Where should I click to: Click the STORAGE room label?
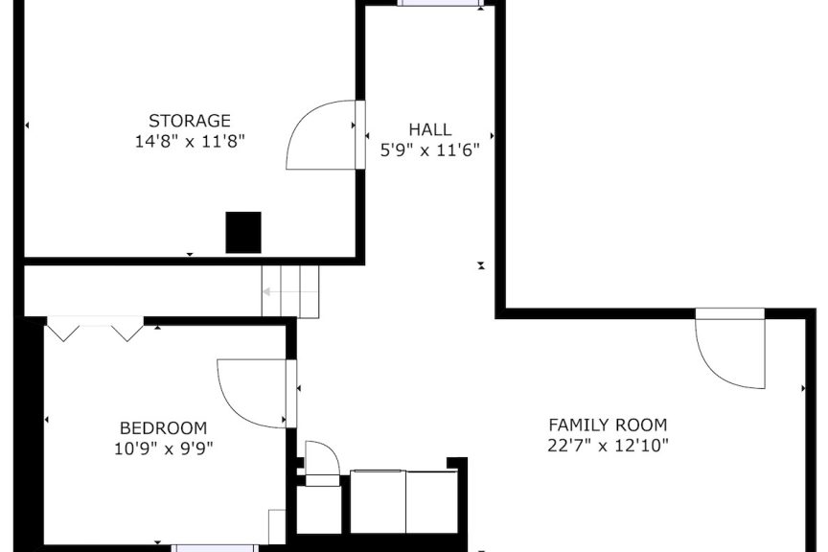190,121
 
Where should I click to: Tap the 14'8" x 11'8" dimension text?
190,142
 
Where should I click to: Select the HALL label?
430,129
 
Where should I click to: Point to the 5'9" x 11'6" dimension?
430,150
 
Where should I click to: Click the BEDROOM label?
164,427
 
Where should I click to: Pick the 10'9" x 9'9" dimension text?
164,448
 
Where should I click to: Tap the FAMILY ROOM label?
608,425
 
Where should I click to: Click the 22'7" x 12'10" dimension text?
608,446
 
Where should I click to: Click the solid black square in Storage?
243,233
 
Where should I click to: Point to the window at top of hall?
439,3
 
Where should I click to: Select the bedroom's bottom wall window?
215,548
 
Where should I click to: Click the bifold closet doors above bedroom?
96,329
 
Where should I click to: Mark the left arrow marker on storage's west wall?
27,126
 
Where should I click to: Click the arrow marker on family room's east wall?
804,388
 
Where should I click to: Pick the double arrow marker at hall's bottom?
481,265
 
